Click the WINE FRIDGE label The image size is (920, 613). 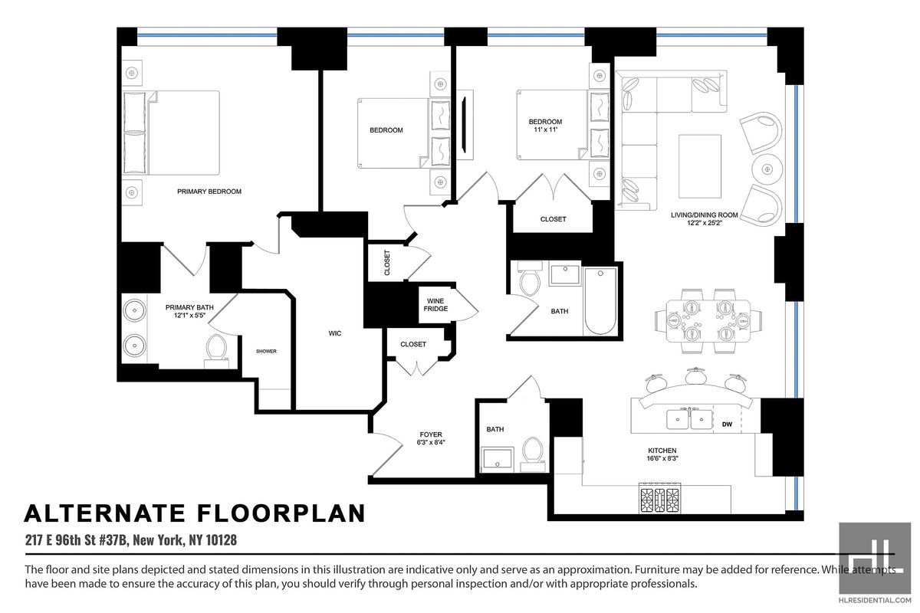pos(435,305)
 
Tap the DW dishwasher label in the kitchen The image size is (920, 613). pos(727,425)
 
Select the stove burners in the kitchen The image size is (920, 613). pos(659,500)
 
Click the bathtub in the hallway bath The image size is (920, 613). pos(600,301)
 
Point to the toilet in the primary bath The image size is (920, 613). pos(216,352)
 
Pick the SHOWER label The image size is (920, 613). pos(266,351)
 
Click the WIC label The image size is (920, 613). pos(335,333)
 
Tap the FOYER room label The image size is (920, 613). pos(431,434)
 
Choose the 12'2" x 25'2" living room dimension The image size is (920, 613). pos(705,223)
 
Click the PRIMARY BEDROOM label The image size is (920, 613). pos(209,192)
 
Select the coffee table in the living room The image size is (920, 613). pos(700,166)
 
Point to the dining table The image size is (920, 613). pos(708,320)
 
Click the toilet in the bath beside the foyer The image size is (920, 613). pos(533,454)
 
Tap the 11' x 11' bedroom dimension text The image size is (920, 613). pos(545,129)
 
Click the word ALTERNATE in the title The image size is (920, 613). pos(105,513)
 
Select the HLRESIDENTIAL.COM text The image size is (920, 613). pos(875,600)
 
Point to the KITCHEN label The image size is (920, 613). pos(662,451)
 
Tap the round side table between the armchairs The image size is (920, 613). pos(767,169)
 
